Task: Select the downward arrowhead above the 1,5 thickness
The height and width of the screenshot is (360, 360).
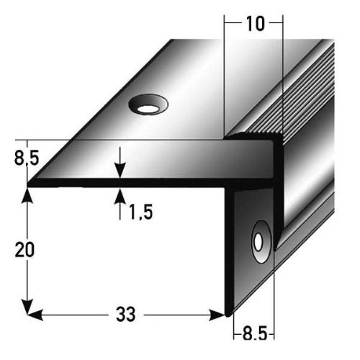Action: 120,169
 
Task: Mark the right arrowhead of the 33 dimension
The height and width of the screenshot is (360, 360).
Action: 221,315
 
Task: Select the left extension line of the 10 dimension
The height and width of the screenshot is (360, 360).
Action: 225,72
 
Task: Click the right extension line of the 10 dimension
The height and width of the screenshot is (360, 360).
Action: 282,72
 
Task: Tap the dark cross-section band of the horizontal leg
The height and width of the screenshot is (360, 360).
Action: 144,182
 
